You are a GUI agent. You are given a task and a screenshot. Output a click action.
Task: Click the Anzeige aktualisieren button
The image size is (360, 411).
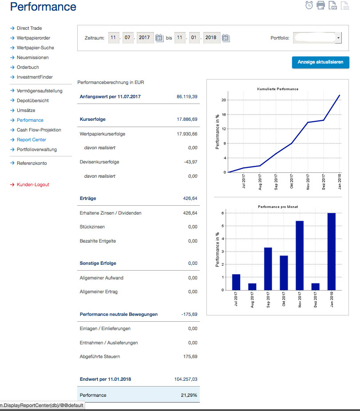coord(320,62)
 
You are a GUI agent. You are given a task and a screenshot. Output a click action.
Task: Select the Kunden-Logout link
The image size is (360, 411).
coord(33,184)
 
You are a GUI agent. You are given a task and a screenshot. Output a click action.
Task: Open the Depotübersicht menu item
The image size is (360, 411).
coord(33,100)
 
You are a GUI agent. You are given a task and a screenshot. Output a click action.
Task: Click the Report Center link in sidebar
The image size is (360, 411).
coord(32,140)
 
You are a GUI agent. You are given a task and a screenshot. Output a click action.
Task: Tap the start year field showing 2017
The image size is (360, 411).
coord(145,37)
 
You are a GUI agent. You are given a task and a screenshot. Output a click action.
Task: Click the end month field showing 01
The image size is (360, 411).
coord(194,37)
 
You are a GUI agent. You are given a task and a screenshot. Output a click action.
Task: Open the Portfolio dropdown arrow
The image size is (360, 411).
coord(338,38)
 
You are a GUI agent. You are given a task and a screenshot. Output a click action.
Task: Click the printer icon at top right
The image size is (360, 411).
coord(321,5)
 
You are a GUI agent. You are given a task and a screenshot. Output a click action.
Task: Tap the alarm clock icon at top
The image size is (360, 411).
coord(309,5)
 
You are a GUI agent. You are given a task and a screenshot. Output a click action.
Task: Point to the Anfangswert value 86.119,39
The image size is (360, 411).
coord(187,96)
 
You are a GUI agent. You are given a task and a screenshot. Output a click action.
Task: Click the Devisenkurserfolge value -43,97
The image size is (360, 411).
coord(190,162)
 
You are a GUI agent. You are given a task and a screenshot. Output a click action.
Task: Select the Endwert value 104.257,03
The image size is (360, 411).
coord(186,379)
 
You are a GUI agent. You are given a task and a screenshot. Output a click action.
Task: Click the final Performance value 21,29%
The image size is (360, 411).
coord(189,395)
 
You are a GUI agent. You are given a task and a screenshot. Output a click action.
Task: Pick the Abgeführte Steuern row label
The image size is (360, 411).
coord(100,356)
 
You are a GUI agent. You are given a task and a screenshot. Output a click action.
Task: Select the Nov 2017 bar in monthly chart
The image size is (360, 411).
coord(300,255)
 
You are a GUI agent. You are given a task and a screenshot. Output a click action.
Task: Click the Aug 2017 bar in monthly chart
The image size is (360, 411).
coord(252,287)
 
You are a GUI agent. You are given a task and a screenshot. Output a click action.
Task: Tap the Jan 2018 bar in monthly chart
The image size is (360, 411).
coord(332,251)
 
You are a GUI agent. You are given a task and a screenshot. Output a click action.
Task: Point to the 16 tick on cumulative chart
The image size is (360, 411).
coord(224,115)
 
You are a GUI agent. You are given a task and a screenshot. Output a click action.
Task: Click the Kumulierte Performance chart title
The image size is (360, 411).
coord(278,89)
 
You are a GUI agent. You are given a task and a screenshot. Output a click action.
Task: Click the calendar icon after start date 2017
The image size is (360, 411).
coord(159,38)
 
